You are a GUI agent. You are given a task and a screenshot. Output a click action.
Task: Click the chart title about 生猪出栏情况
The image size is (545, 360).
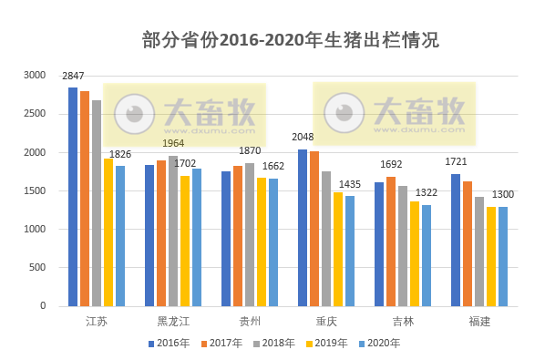coord(291,40)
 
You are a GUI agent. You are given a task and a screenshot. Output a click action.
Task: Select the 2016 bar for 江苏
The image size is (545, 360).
coord(73,197)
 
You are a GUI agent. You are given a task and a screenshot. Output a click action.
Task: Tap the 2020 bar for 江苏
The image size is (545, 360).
coord(120,236)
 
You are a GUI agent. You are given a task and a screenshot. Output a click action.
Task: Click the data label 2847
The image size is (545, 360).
coord(74,77)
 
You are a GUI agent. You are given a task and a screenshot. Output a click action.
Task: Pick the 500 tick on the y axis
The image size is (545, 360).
coord(37,268)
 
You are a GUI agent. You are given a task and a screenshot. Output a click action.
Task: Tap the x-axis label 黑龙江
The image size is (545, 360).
coord(173,322)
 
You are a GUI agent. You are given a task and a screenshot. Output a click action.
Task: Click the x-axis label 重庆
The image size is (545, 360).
coord(326,322)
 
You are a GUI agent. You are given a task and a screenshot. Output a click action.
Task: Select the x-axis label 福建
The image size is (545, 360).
coord(479,322)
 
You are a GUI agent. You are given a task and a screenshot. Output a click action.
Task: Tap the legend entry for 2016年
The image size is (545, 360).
coord(173,344)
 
